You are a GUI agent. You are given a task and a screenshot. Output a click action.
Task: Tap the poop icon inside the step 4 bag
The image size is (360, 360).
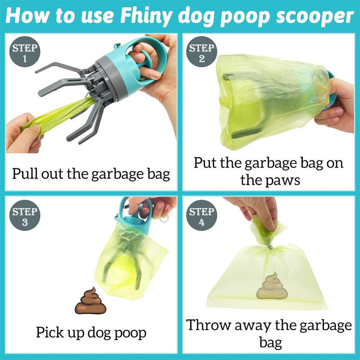[x=272, y=286]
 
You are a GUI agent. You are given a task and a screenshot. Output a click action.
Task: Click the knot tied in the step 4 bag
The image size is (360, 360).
[x=269, y=245]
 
